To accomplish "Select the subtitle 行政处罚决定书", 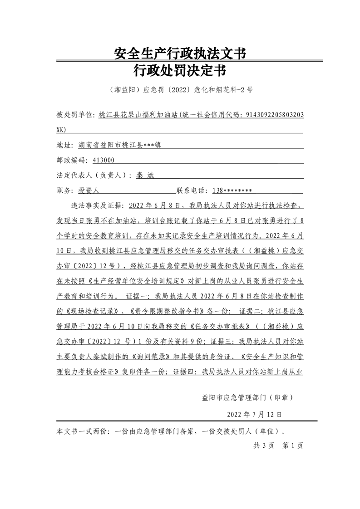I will [x=180, y=71].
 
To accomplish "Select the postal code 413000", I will [x=103, y=160].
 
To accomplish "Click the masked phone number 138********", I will [x=232, y=191].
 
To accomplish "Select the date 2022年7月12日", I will [x=254, y=414].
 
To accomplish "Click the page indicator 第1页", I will [x=293, y=445].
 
